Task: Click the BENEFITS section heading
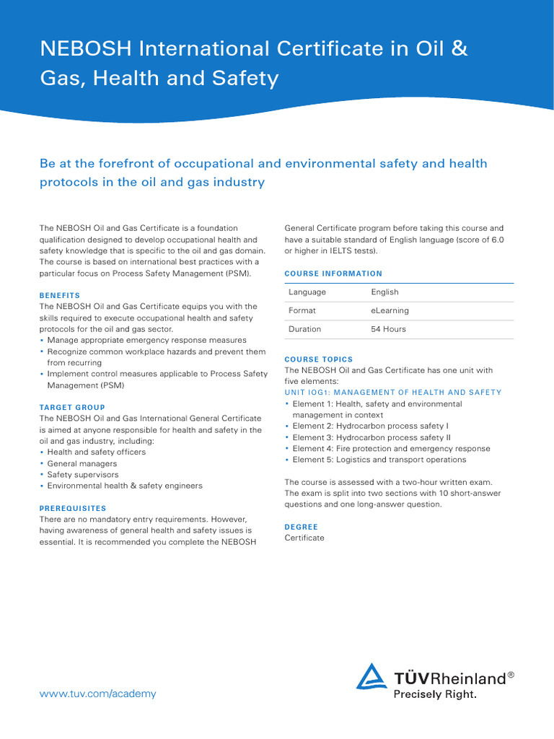point(60,295)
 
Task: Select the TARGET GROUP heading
point(72,407)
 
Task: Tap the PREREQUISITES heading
point(73,508)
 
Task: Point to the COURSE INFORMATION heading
point(333,274)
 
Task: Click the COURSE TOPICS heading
point(319,359)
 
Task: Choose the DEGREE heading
point(301,527)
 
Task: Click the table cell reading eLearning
point(390,310)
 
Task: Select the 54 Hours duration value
point(388,329)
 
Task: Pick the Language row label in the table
point(307,292)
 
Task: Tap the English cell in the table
point(384,292)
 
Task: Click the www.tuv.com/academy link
point(97,694)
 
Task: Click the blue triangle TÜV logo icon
point(371,678)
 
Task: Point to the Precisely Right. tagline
point(434,695)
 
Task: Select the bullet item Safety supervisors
point(83,475)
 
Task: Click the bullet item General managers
point(82,463)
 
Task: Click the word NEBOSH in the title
point(85,49)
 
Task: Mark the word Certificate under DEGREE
point(304,538)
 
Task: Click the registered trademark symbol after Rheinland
point(511,675)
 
